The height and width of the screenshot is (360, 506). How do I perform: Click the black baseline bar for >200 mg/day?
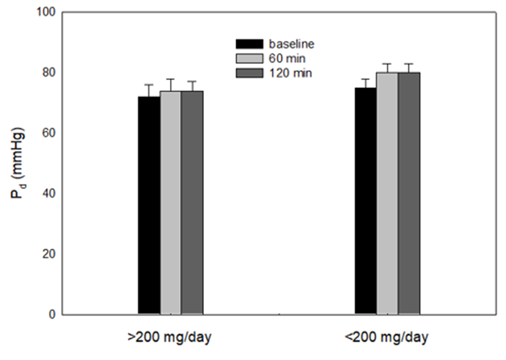pyautogui.click(x=148, y=205)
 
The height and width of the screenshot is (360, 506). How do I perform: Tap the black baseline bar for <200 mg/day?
pyautogui.click(x=365, y=200)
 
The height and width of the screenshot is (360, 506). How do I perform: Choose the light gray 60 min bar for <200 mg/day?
pyautogui.click(x=387, y=193)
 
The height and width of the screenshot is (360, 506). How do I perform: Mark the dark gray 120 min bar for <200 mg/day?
pyautogui.click(x=408, y=193)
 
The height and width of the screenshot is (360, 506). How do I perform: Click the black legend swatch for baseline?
pyautogui.click(x=249, y=44)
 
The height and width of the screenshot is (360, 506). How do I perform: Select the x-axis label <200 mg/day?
pyautogui.click(x=387, y=337)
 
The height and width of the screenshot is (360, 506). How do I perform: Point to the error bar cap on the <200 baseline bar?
pyautogui.click(x=365, y=79)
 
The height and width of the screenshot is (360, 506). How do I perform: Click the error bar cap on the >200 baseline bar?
pyautogui.click(x=148, y=85)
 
